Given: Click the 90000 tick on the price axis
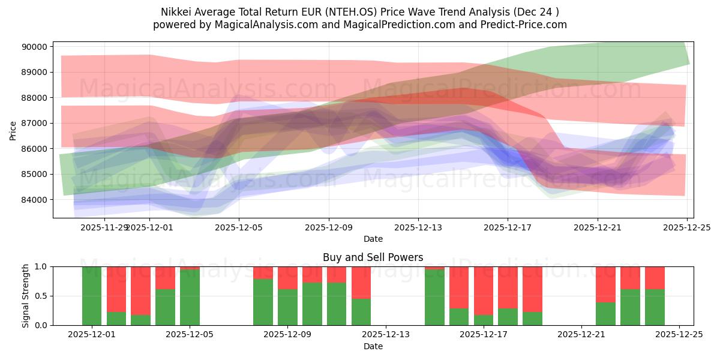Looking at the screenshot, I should (35, 47).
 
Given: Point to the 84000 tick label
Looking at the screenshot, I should (35, 200).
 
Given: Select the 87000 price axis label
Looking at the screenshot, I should (35, 123).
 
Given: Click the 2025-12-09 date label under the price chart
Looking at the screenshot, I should (328, 227).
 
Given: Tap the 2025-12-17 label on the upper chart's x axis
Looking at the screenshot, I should (508, 227).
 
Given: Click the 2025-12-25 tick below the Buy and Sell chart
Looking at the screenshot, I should (679, 335).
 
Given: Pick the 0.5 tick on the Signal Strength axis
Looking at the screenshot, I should (42, 296).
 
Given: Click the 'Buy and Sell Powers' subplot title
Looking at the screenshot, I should (373, 257).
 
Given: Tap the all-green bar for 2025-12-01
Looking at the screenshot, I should (92, 296).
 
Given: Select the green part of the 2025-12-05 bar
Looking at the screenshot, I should (190, 298).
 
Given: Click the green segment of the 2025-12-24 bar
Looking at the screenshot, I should (655, 307).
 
